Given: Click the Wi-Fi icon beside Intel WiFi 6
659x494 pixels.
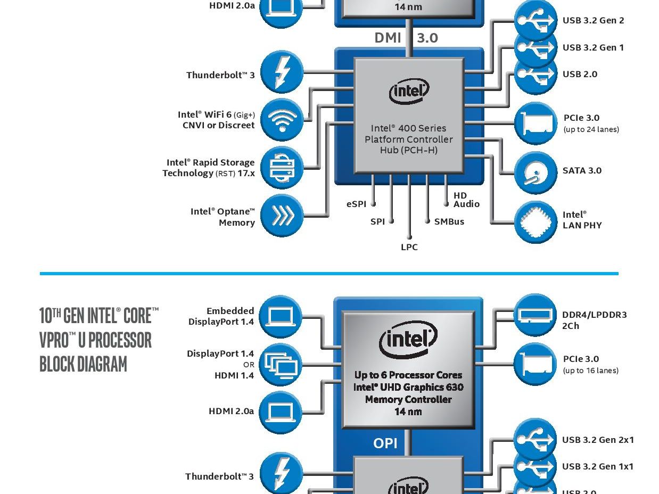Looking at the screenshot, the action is pyautogui.click(x=281, y=120).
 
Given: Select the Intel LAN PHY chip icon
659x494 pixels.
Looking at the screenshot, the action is pyautogui.click(x=536, y=222).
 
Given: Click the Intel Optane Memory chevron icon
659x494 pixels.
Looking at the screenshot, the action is pyautogui.click(x=281, y=216).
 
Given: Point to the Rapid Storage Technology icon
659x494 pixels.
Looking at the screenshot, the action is pyautogui.click(x=281, y=168).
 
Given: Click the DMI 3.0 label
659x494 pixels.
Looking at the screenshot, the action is pyautogui.click(x=406, y=38).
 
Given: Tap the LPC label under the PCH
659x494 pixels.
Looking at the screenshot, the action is pyautogui.click(x=409, y=247).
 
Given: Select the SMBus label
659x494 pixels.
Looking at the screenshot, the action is pyautogui.click(x=449, y=221).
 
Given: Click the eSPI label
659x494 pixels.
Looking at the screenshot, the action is pyautogui.click(x=356, y=204).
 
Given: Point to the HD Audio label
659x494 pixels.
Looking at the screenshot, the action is pyautogui.click(x=466, y=200).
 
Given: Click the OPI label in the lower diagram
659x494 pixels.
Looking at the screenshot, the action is pyautogui.click(x=385, y=443).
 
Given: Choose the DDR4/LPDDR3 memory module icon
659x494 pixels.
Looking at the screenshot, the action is pyautogui.click(x=535, y=315).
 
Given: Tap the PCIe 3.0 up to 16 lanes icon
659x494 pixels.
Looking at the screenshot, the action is pyautogui.click(x=535, y=364).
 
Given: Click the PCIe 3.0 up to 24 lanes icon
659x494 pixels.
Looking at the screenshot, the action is pyautogui.click(x=536, y=123).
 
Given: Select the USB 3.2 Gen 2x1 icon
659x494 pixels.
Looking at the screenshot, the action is pyautogui.click(x=535, y=439).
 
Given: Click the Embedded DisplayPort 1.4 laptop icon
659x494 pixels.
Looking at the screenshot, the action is pyautogui.click(x=280, y=317).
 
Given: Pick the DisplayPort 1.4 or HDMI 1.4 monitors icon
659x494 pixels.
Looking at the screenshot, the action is pyautogui.click(x=280, y=365).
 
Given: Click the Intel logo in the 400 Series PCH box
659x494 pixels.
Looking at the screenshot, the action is pyautogui.click(x=409, y=92).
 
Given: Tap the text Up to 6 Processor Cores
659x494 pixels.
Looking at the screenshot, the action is pyautogui.click(x=408, y=375).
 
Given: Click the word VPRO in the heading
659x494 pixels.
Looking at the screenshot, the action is pyautogui.click(x=54, y=340).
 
